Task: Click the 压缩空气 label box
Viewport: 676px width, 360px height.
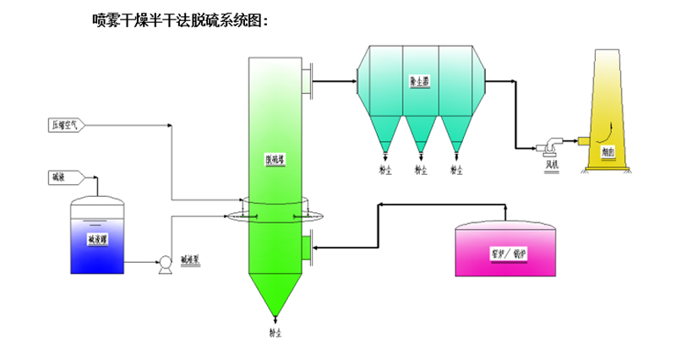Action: (x=66, y=126)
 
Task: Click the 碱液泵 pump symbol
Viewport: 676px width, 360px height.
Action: (x=165, y=265)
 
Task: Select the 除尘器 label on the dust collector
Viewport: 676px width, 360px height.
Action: (x=420, y=83)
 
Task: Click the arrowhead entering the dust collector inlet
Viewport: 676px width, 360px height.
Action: (x=352, y=80)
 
